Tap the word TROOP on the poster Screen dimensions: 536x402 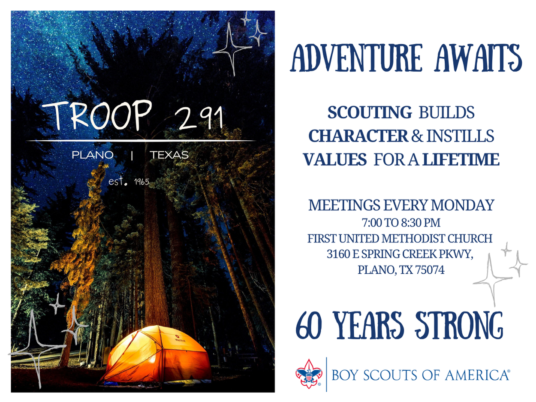[97, 115]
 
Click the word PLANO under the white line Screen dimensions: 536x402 [93, 155]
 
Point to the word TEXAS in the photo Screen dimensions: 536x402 [169, 155]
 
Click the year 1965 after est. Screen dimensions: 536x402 [142, 182]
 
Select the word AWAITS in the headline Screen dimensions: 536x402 [478, 58]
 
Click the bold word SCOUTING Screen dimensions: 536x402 [370, 112]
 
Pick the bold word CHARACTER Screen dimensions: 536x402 [358, 136]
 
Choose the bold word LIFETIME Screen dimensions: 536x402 [461, 159]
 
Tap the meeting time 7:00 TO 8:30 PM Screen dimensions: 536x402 [401, 223]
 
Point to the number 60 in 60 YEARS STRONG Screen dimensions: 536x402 [308, 326]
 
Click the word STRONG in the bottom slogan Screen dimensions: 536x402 [459, 326]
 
